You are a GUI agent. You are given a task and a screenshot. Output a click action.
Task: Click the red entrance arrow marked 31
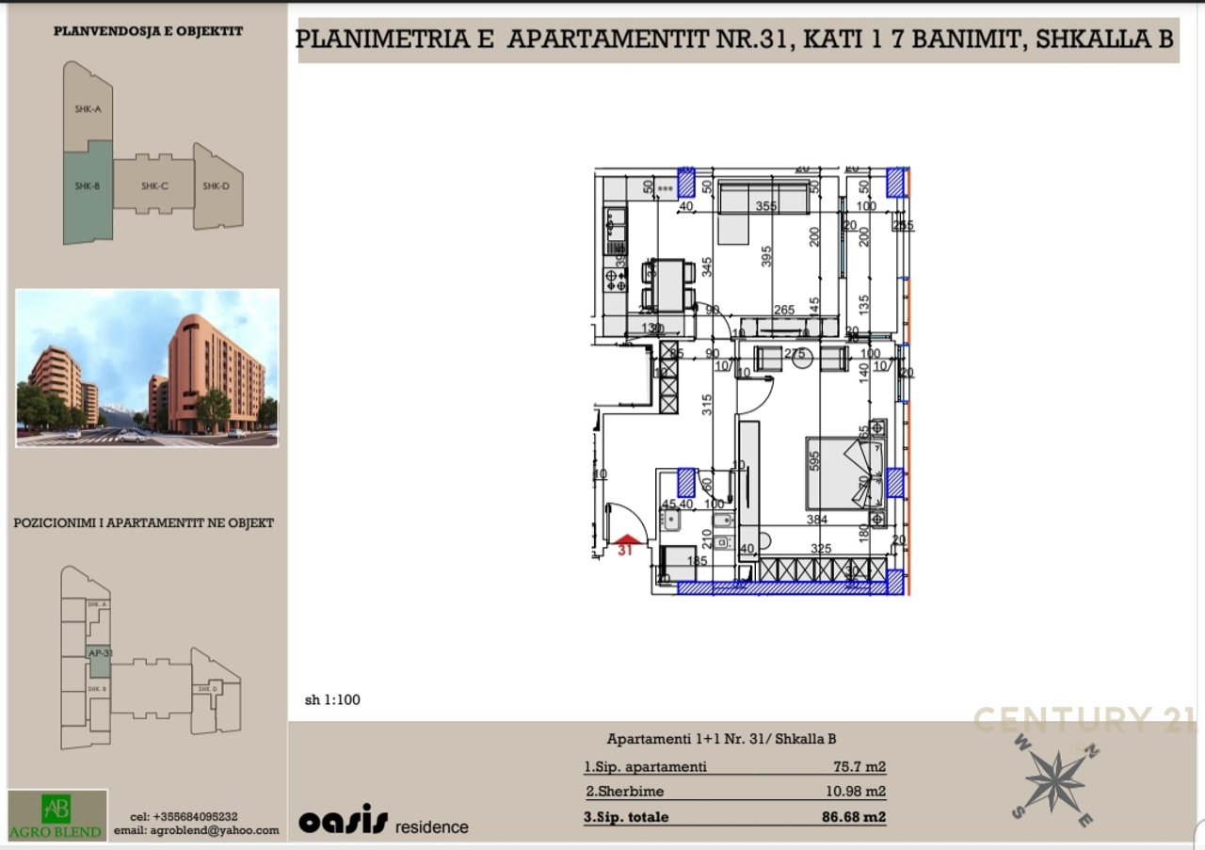(x=626, y=540)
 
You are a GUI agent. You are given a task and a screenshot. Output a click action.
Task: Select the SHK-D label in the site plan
(x=216, y=186)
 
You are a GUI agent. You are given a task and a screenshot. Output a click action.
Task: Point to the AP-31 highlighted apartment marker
(x=100, y=653)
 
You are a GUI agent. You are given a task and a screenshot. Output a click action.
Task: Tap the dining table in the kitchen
(x=668, y=283)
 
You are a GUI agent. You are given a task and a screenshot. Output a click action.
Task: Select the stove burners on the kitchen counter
(x=616, y=279)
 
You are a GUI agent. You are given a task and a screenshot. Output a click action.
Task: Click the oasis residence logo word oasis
(x=343, y=822)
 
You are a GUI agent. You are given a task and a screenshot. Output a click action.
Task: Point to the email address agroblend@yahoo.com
(x=197, y=830)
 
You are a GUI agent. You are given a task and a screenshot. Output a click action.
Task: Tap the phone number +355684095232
(x=184, y=817)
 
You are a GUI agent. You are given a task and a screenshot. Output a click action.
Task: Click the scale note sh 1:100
(x=332, y=699)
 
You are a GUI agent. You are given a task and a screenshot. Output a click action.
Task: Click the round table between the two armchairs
(x=803, y=361)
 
